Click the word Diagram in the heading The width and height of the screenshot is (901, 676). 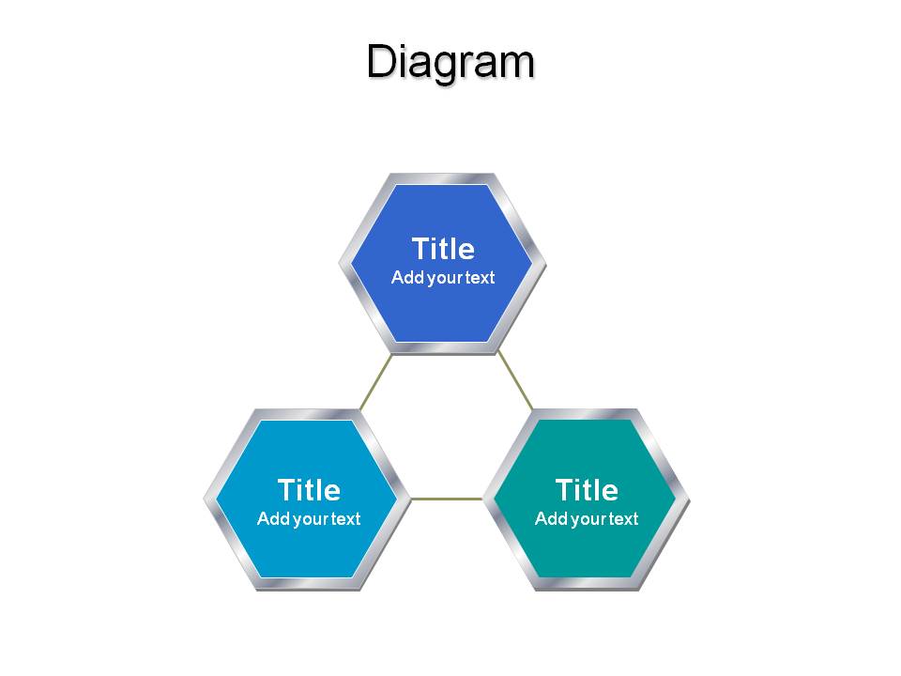[450, 62]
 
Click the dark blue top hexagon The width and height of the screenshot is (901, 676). [442, 264]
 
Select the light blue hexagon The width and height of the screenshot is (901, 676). [308, 499]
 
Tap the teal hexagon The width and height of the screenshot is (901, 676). [586, 499]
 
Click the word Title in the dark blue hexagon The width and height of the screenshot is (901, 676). [443, 249]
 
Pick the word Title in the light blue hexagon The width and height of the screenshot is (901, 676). [309, 490]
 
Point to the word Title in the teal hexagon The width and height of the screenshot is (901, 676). [587, 490]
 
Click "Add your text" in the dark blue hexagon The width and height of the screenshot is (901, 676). [443, 278]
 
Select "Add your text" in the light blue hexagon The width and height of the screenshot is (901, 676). [309, 519]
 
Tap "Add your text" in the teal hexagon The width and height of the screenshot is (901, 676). [587, 519]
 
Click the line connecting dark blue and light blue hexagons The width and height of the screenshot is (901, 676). [375, 382]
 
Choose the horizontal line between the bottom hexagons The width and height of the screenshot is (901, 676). [447, 499]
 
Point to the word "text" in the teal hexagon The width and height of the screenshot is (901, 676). [623, 519]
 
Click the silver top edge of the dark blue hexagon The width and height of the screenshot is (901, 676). [442, 178]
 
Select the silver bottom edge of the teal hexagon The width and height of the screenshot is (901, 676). [586, 584]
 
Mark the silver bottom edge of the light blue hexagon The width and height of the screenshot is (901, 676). [308, 584]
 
